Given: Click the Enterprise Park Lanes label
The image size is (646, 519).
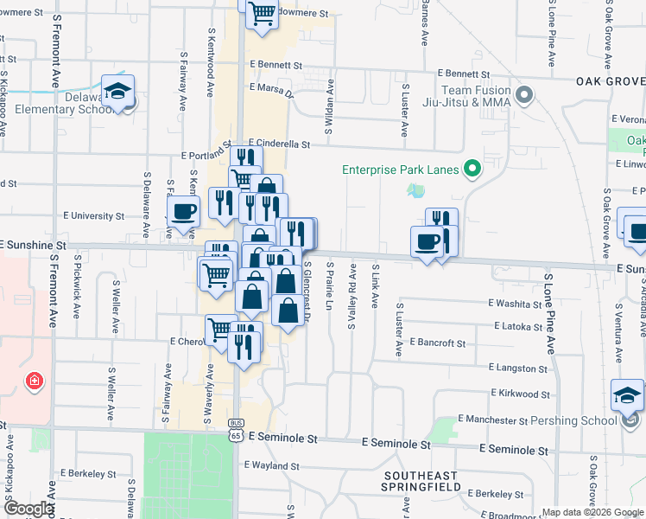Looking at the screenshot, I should tap(400, 170).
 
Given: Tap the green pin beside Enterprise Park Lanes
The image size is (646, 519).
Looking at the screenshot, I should tap(472, 169).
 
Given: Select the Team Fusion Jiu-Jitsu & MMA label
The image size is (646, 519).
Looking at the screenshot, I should tap(476, 96).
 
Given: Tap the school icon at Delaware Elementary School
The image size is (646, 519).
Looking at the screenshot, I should tap(117, 91).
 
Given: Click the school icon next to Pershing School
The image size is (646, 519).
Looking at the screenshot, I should tap(627, 396).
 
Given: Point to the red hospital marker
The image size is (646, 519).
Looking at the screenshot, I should tap(34, 381).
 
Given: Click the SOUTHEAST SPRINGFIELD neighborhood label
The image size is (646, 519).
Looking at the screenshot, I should tap(434, 483).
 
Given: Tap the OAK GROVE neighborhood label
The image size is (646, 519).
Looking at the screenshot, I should tap(610, 81).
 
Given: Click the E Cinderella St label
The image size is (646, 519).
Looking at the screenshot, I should tap(279, 144).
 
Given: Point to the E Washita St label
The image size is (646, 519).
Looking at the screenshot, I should tap(514, 304).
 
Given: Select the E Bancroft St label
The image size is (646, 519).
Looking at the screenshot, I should tap(437, 343).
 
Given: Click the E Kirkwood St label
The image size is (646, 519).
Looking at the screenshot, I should tap(520, 394).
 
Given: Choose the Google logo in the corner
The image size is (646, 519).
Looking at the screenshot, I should tap(28, 509).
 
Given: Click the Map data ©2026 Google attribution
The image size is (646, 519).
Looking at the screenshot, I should tap(592, 512).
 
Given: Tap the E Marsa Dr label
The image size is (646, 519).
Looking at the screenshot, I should tap(271, 88).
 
